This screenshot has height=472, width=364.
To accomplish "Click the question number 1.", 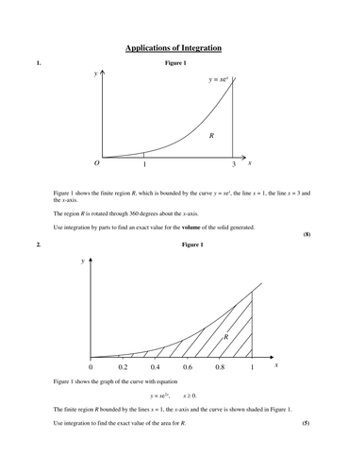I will coord(38,63).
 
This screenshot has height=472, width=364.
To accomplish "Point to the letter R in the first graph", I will coord(211,137).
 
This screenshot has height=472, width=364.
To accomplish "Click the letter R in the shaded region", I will coord(225,335).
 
